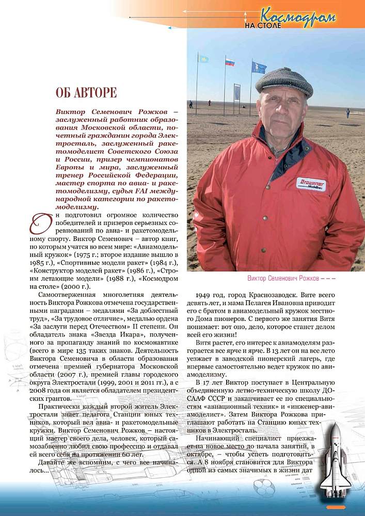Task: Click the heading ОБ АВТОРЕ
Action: coord(86,93)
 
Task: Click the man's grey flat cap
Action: coord(284,81)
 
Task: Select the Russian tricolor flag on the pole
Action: coord(230,62)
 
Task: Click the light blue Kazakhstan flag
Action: coord(203,59)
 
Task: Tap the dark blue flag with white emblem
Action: coord(259,68)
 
